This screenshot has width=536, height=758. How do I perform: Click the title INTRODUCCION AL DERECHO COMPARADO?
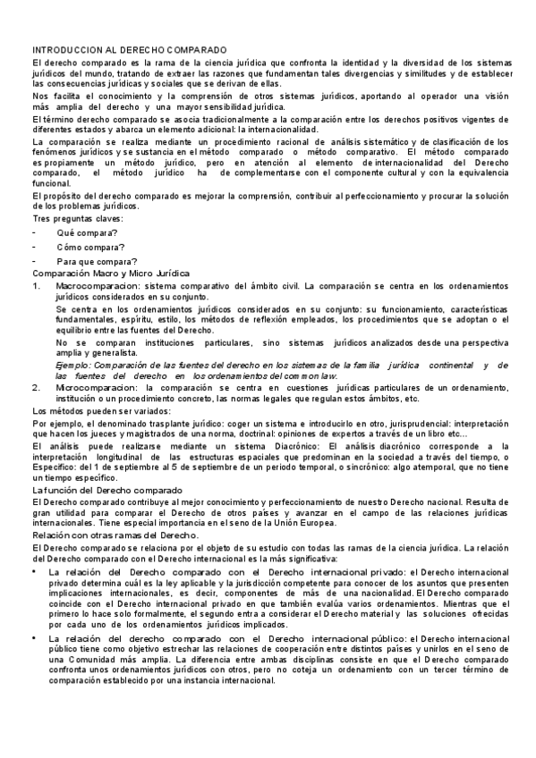(130, 50)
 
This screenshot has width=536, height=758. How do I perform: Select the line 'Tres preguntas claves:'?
(78, 219)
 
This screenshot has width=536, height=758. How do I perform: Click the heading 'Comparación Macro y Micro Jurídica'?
(111, 272)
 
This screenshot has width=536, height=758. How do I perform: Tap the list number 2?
(36, 387)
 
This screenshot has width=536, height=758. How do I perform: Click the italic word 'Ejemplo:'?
(74, 365)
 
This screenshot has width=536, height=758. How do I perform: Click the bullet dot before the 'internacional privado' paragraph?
(35, 569)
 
